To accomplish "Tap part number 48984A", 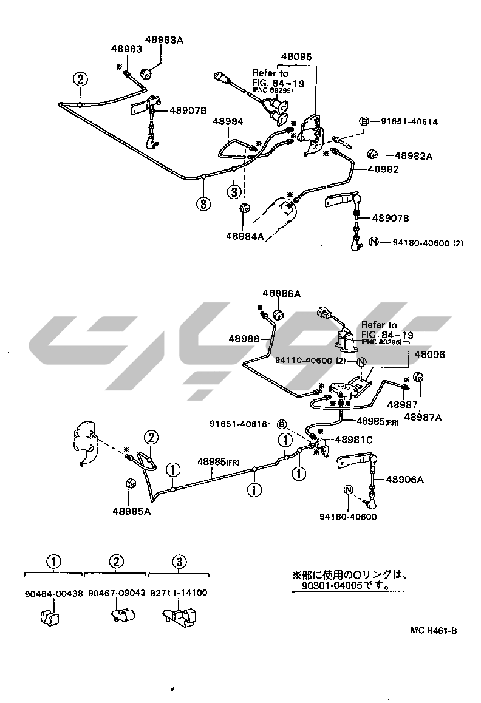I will pos(245,236).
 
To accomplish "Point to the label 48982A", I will pos(414,156).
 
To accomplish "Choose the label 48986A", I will pos(281,293).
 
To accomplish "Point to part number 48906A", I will pos(403,479).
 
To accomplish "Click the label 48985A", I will pos(131,511).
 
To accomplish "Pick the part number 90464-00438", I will pos(54,593).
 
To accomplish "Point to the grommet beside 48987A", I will pos(419,378).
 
